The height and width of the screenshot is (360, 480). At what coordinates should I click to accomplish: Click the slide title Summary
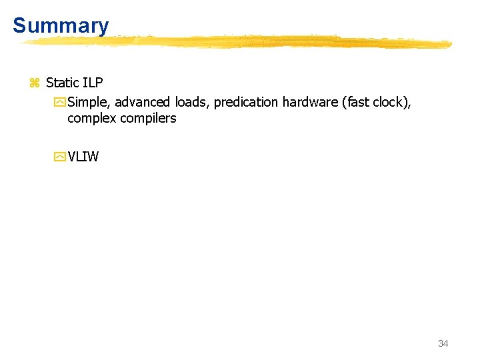[61, 26]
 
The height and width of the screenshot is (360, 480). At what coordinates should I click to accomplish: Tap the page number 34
[443, 343]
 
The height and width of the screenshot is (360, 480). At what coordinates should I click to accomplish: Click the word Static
[63, 83]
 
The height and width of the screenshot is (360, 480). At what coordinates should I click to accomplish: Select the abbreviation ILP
[93, 83]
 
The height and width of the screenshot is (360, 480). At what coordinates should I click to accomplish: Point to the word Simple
[89, 102]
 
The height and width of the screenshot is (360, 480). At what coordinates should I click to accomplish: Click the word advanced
[142, 102]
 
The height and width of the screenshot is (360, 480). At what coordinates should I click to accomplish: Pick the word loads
[191, 102]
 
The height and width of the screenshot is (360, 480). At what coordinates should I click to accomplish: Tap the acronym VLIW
[83, 157]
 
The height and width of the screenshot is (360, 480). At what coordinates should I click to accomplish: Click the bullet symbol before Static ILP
[35, 83]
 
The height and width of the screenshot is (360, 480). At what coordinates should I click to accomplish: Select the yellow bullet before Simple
[60, 103]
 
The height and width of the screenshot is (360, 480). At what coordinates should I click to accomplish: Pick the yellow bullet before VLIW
[60, 158]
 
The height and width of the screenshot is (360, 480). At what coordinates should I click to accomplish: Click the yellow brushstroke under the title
[233, 42]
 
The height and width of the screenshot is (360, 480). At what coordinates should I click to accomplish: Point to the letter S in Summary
[19, 26]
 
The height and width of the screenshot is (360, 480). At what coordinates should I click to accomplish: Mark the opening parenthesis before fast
[342, 102]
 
